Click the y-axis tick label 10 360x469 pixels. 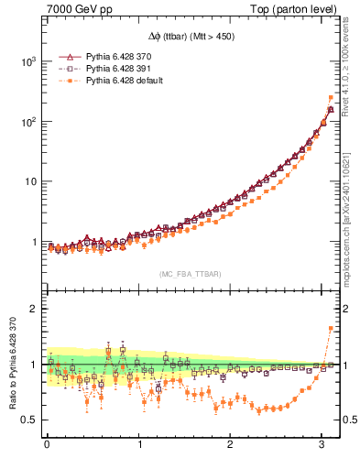[29, 181]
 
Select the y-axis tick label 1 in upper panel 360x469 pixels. [35, 243]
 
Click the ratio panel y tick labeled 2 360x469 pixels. [35, 309]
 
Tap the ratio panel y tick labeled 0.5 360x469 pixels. [31, 420]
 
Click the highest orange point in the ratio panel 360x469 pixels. [331, 328]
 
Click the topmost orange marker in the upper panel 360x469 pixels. [331, 97]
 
